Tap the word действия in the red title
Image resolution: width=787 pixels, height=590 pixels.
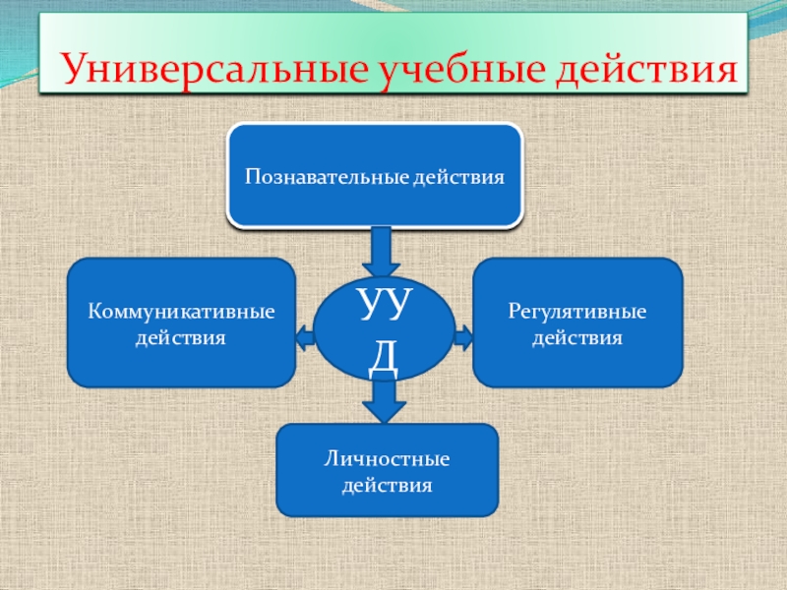point(644,69)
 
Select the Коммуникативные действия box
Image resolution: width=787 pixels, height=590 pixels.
point(181,322)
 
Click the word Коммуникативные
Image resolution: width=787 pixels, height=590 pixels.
point(181,311)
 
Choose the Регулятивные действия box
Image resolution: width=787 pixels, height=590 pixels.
point(577,322)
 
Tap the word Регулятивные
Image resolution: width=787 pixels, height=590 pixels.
point(577,311)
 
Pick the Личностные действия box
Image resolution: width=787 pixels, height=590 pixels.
point(387,470)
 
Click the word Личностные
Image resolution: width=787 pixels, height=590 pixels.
point(387,459)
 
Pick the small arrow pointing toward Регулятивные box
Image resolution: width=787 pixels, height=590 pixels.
point(463,338)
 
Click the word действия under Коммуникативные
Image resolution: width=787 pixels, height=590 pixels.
point(181,337)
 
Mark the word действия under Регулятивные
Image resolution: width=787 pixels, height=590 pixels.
point(577,337)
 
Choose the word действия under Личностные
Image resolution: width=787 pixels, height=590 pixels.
point(387,486)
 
